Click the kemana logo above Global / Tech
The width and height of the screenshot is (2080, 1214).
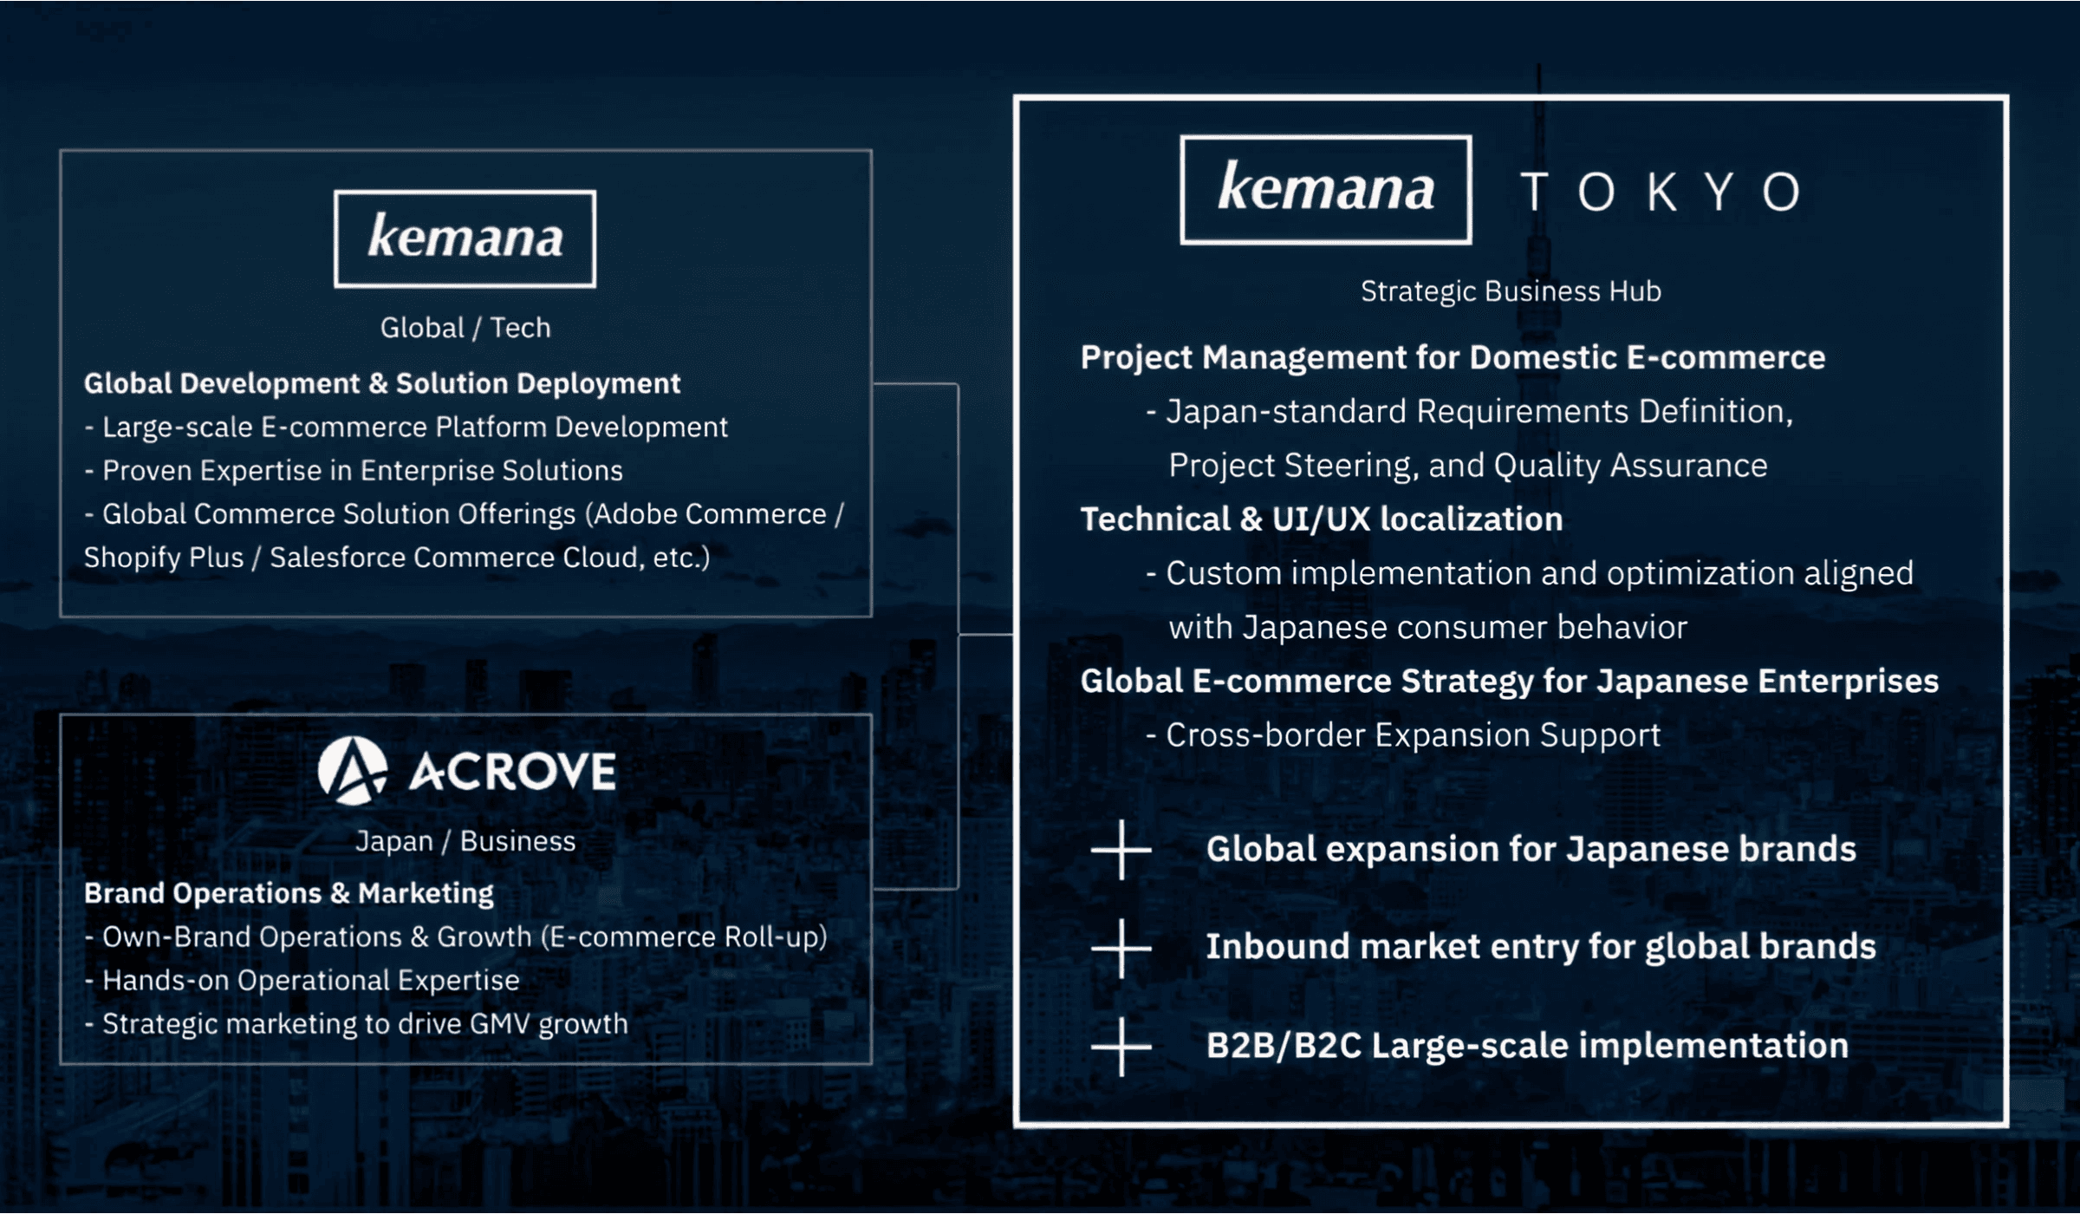click(x=465, y=238)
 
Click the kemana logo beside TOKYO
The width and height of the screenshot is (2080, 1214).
click(x=1326, y=189)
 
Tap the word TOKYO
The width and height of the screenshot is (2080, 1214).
click(x=1661, y=192)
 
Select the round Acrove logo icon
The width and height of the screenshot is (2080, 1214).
click(x=352, y=771)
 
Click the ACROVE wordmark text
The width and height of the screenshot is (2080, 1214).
click(x=512, y=772)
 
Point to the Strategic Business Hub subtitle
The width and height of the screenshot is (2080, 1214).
click(x=1511, y=291)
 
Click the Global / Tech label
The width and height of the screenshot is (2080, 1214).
click(x=465, y=328)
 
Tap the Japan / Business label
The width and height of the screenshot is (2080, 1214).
click(x=465, y=841)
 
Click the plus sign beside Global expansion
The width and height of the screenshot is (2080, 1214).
click(x=1121, y=850)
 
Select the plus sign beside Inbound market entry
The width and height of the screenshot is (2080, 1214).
click(x=1121, y=948)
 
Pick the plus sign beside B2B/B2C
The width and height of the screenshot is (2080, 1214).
click(x=1121, y=1047)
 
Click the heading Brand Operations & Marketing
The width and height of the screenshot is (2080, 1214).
click(x=289, y=893)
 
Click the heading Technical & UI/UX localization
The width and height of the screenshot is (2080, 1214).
click(x=1322, y=519)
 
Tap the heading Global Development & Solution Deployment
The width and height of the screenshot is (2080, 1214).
click(x=382, y=383)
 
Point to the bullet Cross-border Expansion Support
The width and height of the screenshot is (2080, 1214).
click(x=1403, y=735)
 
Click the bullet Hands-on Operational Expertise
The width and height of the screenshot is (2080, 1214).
click(x=302, y=981)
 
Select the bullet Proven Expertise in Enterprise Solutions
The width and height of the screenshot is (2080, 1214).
click(x=354, y=471)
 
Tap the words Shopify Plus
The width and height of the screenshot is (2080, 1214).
click(x=164, y=558)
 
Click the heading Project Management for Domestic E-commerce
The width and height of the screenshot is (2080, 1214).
click(x=1453, y=358)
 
